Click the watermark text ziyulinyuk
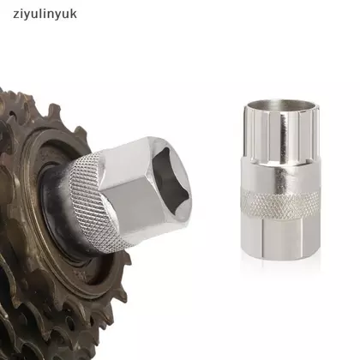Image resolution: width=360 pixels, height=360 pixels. (x=45, y=15)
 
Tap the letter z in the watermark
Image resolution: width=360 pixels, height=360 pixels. (x=16, y=15)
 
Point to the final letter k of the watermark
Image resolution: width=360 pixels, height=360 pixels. (x=74, y=14)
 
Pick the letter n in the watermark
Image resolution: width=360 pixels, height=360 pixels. (x=51, y=15)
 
